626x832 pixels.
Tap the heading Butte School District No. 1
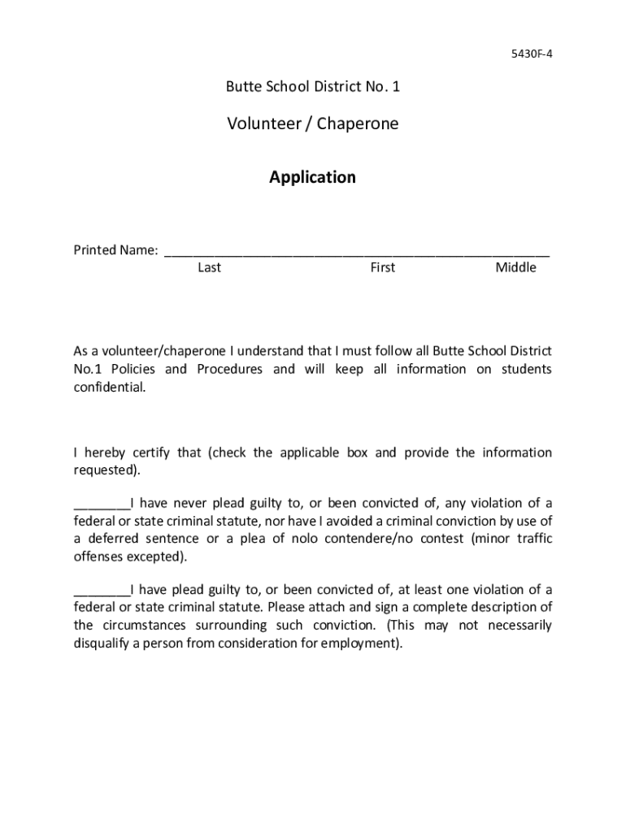[x=313, y=86]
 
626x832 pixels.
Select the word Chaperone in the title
[x=358, y=124]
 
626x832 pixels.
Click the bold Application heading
[x=313, y=177]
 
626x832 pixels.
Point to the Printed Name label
[x=115, y=250]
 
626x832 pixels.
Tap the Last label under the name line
[x=209, y=268]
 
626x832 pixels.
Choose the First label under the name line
[x=382, y=268]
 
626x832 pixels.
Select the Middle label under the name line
[x=515, y=268]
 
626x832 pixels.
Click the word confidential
[x=109, y=388]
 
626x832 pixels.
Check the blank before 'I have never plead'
[x=102, y=504]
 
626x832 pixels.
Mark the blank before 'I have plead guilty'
[x=102, y=590]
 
